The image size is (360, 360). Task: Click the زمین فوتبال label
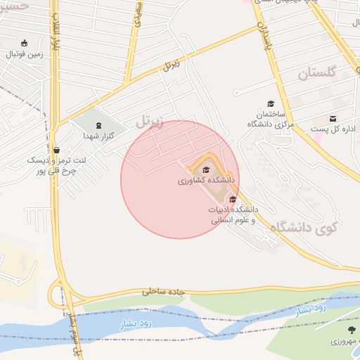[25, 53]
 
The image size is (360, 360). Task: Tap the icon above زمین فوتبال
[25, 43]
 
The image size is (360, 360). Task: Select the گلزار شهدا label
[94, 135]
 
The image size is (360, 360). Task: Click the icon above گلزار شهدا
[98, 124]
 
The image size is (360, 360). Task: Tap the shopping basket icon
[57, 149]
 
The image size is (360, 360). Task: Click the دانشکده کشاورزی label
[206, 181]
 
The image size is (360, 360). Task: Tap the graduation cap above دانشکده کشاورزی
[206, 170]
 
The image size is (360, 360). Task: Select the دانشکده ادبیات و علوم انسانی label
[233, 215]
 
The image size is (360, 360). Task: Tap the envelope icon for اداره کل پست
[333, 118]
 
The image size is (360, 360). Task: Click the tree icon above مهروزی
[352, 328]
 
